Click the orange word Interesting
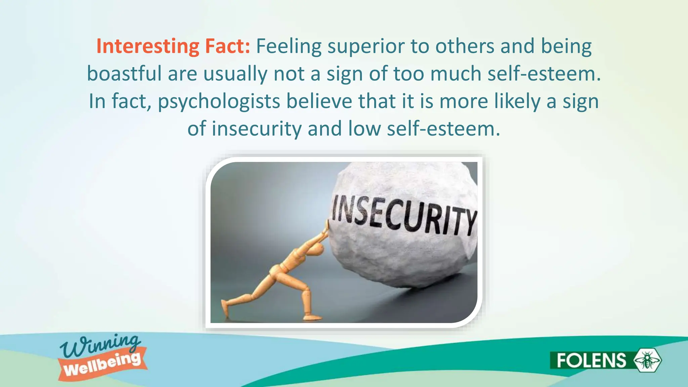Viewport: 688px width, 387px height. tap(147, 46)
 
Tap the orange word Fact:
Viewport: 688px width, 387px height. tap(227, 46)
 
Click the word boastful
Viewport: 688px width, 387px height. tap(124, 74)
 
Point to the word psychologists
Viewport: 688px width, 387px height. tap(219, 101)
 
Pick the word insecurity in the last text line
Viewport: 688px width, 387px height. tap(257, 129)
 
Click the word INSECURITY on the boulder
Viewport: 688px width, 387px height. tap(403, 215)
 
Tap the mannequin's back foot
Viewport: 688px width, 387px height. tap(225, 307)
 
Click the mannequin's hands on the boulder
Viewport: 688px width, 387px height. tap(326, 230)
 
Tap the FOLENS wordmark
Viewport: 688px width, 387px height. tap(591, 360)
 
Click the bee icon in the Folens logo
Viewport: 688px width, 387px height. tap(647, 360)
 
